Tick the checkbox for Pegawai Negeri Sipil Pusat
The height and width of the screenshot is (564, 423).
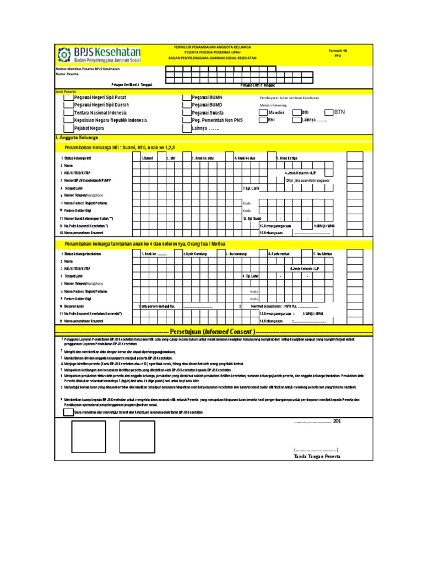[x=70, y=97]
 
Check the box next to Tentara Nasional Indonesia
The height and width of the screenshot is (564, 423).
[x=70, y=112]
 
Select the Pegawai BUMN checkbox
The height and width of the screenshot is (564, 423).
[x=188, y=97]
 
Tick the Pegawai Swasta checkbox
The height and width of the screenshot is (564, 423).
[x=188, y=112]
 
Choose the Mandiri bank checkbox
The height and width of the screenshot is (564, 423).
[x=263, y=112]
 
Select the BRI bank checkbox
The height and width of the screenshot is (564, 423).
[x=297, y=112]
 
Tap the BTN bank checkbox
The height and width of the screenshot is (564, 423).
[x=329, y=112]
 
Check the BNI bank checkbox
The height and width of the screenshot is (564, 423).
[x=263, y=120]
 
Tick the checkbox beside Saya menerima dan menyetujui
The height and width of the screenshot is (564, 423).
[x=68, y=413]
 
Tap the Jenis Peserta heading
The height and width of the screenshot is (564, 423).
[x=66, y=91]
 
